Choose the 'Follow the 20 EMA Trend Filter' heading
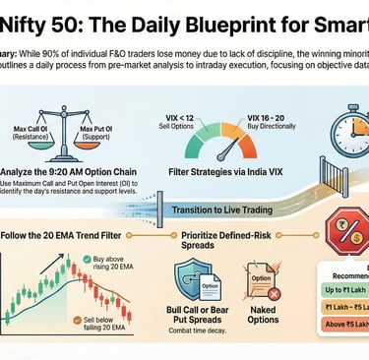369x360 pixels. [71, 236]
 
